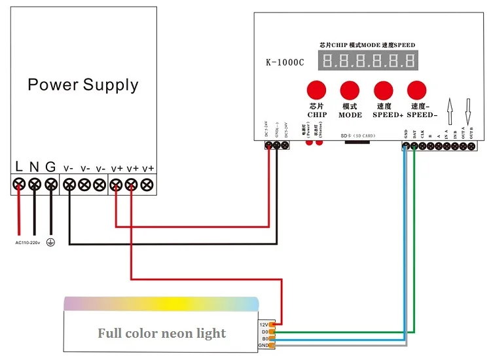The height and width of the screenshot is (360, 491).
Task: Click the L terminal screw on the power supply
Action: click(x=20, y=185)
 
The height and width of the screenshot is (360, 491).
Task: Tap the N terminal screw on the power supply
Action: click(x=35, y=185)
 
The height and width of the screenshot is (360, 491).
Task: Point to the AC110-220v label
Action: click(x=27, y=242)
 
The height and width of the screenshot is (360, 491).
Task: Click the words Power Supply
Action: click(x=83, y=85)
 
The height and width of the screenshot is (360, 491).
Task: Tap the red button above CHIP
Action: click(x=318, y=90)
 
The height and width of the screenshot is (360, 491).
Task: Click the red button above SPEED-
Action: click(x=416, y=90)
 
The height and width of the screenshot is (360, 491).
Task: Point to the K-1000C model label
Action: click(x=284, y=63)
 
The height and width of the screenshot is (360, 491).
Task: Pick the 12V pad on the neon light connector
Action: click(x=272, y=323)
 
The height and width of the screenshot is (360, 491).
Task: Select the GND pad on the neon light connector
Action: click(x=272, y=345)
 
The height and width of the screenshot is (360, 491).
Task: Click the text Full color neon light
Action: click(x=162, y=333)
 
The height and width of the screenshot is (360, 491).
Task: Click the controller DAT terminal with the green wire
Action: click(x=414, y=147)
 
